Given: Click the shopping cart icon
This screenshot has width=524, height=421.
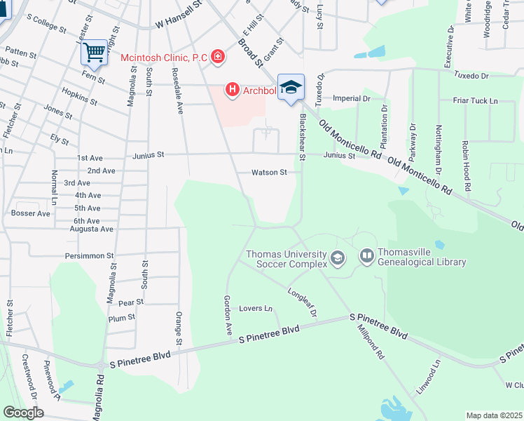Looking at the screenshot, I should click(93, 51).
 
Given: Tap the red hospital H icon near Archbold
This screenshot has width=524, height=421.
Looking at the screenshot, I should click(232, 90).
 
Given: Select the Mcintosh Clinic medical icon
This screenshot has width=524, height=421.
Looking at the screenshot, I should click(218, 56).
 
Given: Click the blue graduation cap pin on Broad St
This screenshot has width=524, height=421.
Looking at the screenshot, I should click(291, 87).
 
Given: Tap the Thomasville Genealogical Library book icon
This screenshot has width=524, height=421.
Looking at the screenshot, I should click(367, 256).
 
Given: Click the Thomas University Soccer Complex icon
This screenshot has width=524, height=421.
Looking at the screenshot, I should click(338, 258).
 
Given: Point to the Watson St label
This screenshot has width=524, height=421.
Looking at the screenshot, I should click(270, 173).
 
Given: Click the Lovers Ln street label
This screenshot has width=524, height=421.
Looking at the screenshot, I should click(256, 308).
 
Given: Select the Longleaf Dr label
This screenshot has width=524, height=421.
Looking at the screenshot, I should click(303, 301).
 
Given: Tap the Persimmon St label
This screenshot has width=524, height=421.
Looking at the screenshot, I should click(90, 256).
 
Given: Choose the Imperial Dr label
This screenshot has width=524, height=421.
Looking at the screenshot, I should click(351, 99).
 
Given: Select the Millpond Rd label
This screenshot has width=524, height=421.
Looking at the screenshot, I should click(370, 342).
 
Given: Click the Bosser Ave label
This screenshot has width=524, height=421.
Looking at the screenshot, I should click(31, 213).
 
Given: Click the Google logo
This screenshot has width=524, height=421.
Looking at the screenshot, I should click(22, 413).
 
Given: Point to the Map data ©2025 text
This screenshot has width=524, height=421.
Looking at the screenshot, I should click(494, 415).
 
